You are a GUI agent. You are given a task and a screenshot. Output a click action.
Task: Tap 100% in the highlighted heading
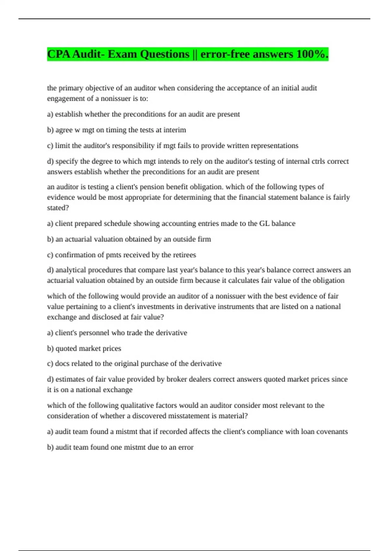pyautogui.click(x=312, y=54)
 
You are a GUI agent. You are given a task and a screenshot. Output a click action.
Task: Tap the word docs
pyautogui.click(x=62, y=364)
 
